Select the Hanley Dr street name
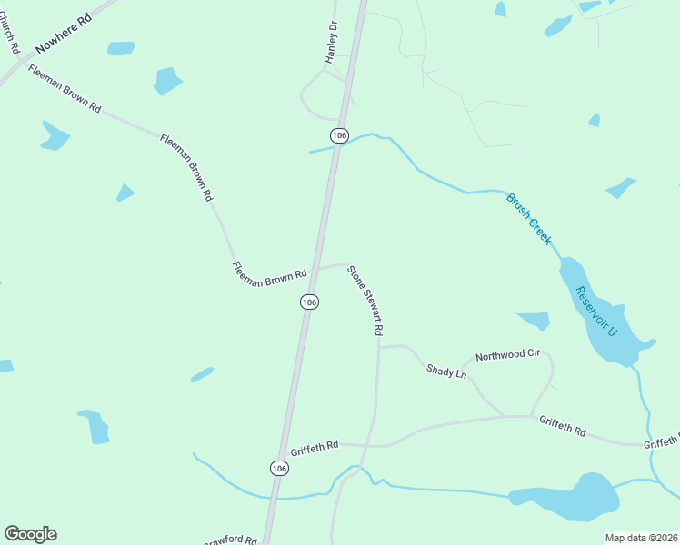pos(332,43)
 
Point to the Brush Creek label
pos(528,218)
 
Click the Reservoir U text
pos(595,312)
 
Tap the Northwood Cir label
pos(507,355)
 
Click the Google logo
pos(30,534)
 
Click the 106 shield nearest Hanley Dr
pos(339,135)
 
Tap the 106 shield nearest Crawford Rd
pos(279,468)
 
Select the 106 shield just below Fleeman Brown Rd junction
pos(309,302)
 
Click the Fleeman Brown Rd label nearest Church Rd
pos(64,88)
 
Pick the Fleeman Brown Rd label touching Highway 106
pos(270,274)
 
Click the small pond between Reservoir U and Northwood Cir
pos(534,320)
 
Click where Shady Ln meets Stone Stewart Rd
pos(379,347)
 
